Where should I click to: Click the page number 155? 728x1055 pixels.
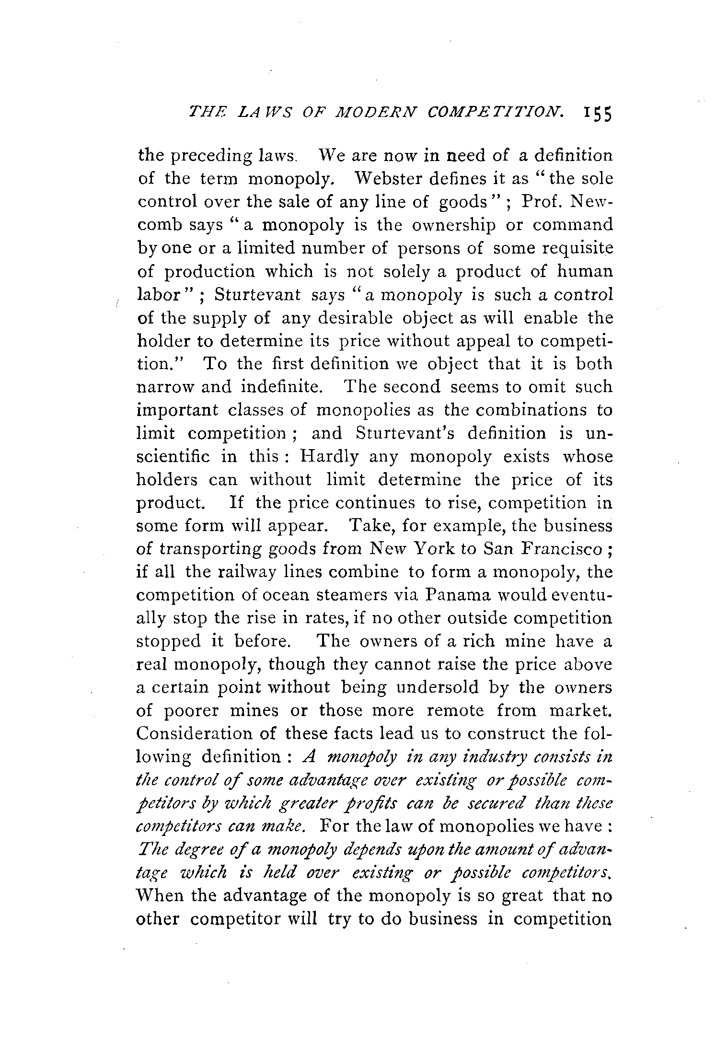(x=592, y=116)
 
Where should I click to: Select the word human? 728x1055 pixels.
(x=585, y=271)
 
